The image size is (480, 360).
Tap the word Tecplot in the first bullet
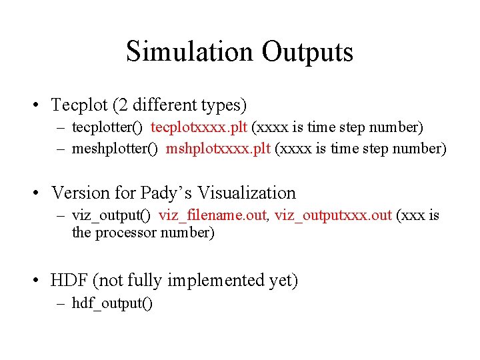pos(79,105)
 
